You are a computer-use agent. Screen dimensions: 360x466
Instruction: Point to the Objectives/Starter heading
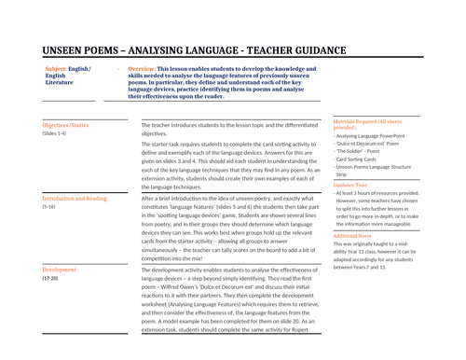click(x=66, y=124)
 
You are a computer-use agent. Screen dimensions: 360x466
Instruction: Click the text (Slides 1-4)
click(x=54, y=133)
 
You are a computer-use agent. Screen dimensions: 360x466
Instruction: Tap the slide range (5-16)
click(x=50, y=207)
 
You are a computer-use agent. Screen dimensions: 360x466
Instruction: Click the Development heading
click(x=60, y=270)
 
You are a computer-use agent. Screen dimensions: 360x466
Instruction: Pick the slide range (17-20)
click(x=51, y=278)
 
